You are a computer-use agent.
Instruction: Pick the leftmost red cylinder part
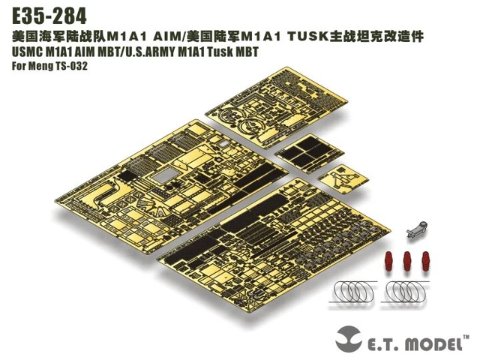pos(391,262)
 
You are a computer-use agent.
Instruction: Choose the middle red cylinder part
pos(407,262)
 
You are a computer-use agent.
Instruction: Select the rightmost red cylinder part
pos(424,262)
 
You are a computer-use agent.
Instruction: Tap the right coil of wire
pos(410,291)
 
